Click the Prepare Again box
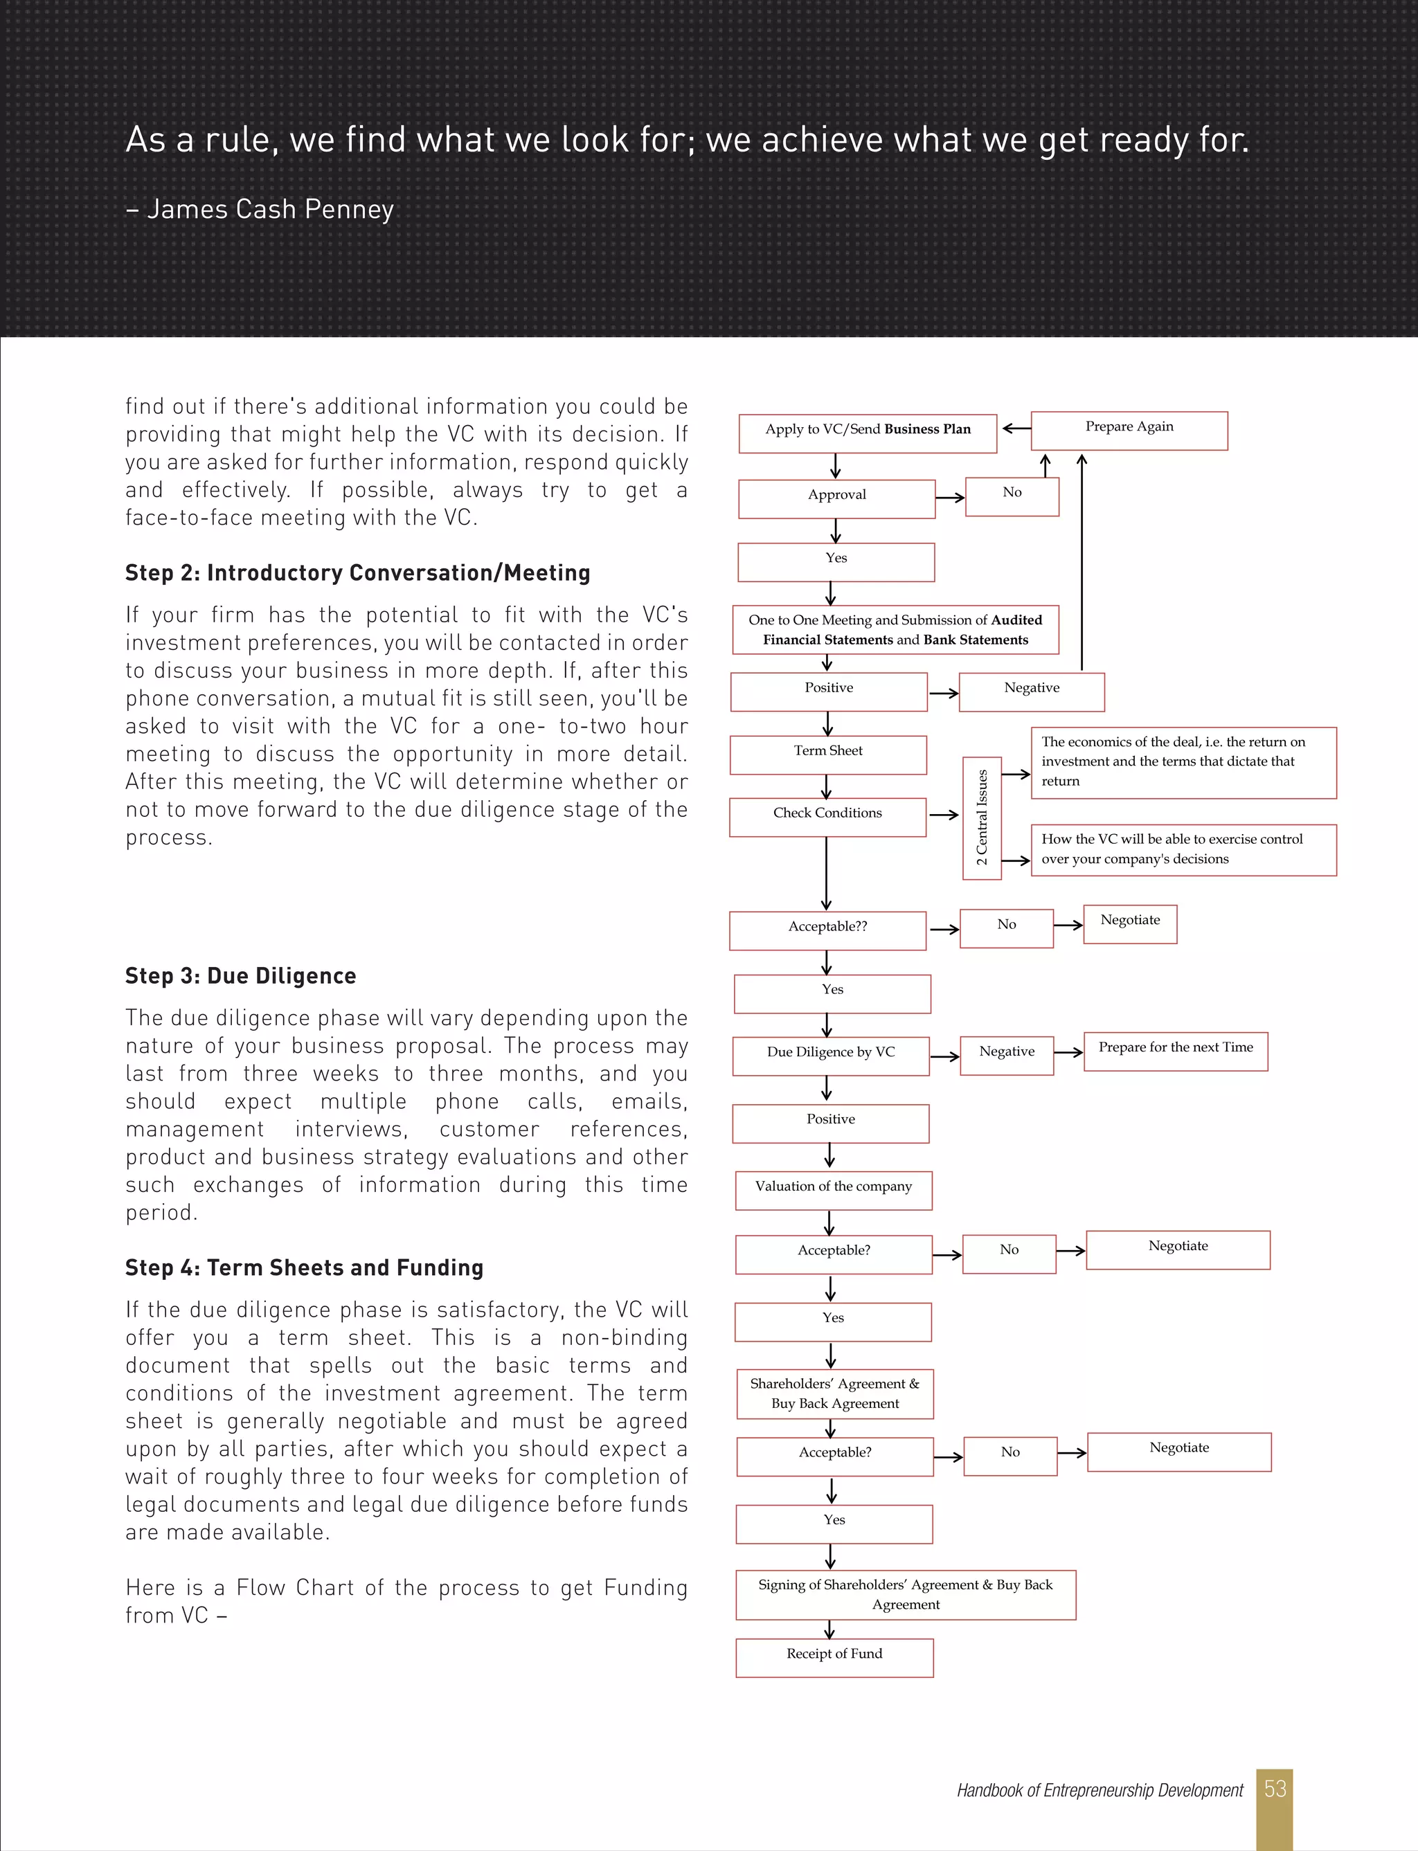pos(1129,431)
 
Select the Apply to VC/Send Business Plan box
pos(867,433)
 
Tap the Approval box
pos(836,498)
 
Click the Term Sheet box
pos(827,755)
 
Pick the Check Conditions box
pos(827,817)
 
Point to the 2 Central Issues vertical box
pos(982,818)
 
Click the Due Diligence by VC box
pos(831,1056)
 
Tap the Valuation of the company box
pos(833,1189)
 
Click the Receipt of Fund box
pos(834,1657)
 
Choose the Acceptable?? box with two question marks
pos(827,930)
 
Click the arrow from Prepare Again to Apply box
pos(1016,428)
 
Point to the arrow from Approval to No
pos(949,498)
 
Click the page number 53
pos(1275,1788)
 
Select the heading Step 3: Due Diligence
pos(240,975)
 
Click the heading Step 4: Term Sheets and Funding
pos(304,1267)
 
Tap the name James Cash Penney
pos(270,209)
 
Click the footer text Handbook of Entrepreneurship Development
pos(1099,1789)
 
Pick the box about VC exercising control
pos(1183,849)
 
